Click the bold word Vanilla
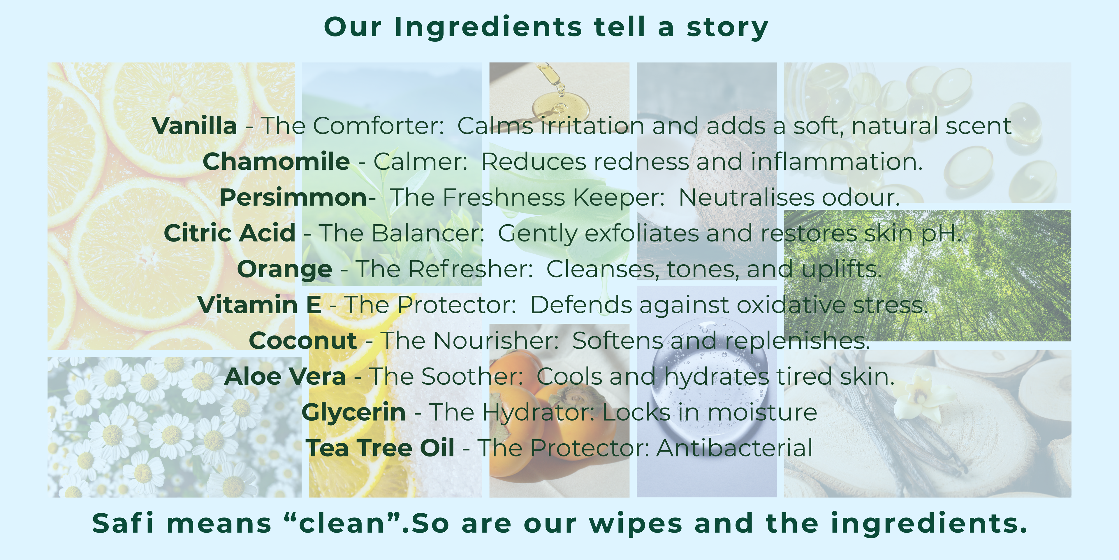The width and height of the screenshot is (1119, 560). pos(194,126)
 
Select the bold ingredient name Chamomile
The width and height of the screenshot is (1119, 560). pos(276,162)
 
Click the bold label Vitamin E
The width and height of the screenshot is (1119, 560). pos(259,305)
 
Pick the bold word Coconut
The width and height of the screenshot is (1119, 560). pos(303,341)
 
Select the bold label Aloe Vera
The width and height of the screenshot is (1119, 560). pos(285,377)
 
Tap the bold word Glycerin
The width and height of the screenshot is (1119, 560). pos(353,413)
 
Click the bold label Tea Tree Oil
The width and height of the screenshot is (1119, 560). pos(380,448)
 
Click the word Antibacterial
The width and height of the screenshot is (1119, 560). pos(734,448)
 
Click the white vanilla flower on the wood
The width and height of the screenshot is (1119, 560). pos(921,393)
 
